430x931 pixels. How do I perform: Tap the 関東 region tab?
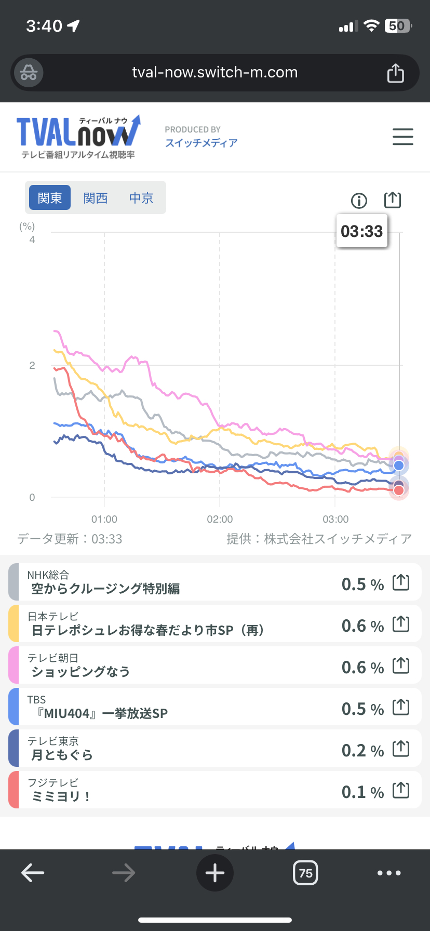[x=50, y=198]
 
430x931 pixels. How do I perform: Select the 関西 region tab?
[x=96, y=198]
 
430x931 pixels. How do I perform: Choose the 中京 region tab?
[x=141, y=198]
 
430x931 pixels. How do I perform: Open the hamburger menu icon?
[x=402, y=137]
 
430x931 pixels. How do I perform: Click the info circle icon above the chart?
[x=359, y=201]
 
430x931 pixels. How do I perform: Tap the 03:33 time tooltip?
[x=362, y=231]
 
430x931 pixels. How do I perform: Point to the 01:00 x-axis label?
[x=104, y=519]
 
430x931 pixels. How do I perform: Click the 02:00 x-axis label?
[x=220, y=519]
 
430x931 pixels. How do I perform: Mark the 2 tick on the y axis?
[x=32, y=365]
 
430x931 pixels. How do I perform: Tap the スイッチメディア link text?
[x=201, y=143]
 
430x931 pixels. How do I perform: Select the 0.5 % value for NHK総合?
[x=362, y=584]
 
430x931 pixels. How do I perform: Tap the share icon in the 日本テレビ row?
[x=401, y=624]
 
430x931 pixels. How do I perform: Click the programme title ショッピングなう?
[x=80, y=672]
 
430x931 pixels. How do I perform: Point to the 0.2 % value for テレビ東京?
[x=362, y=750]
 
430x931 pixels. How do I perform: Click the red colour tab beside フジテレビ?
[x=14, y=790]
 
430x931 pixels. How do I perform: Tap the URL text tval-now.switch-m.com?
[x=215, y=72]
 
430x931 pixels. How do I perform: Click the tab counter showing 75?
[x=305, y=873]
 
